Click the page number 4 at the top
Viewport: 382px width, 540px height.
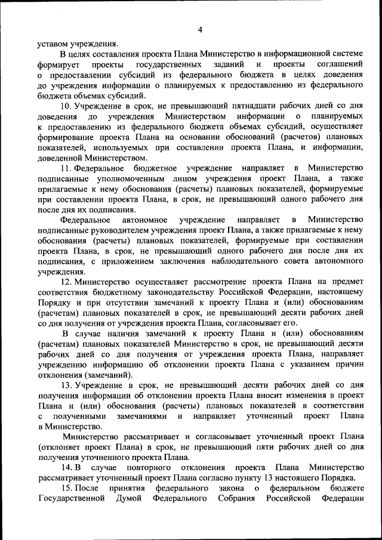(201, 30)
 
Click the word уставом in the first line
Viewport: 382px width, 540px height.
(52, 42)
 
